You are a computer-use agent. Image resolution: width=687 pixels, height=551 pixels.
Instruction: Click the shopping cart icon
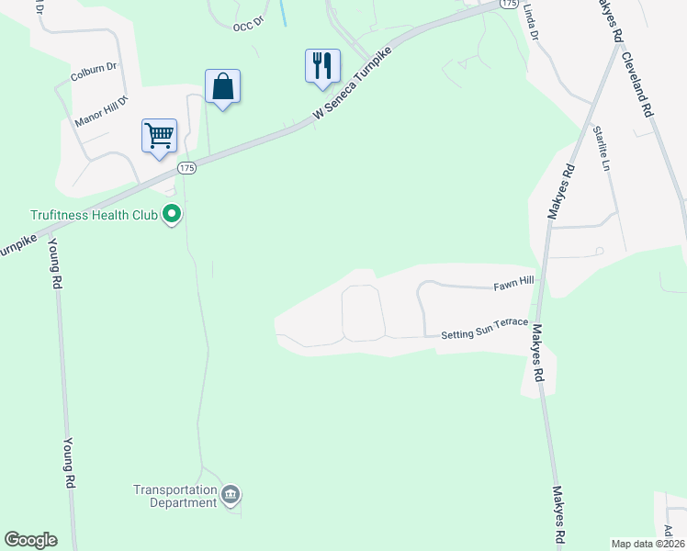(159, 136)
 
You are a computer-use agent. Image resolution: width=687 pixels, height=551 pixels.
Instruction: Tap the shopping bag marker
(222, 87)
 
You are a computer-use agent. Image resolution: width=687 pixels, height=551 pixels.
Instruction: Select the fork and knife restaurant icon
(322, 66)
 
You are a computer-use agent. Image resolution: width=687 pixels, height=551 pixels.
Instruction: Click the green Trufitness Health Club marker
(172, 215)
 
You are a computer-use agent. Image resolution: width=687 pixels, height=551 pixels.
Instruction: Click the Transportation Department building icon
(231, 496)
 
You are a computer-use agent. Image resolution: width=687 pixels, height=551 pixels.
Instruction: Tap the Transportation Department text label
(175, 496)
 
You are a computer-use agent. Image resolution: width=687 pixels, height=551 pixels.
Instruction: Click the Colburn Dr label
(95, 66)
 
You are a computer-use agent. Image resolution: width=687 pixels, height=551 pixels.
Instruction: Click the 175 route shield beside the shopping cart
(187, 168)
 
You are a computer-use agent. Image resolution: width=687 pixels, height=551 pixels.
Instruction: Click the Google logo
(30, 540)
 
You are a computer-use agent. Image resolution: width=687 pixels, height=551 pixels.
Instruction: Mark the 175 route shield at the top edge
(510, 5)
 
